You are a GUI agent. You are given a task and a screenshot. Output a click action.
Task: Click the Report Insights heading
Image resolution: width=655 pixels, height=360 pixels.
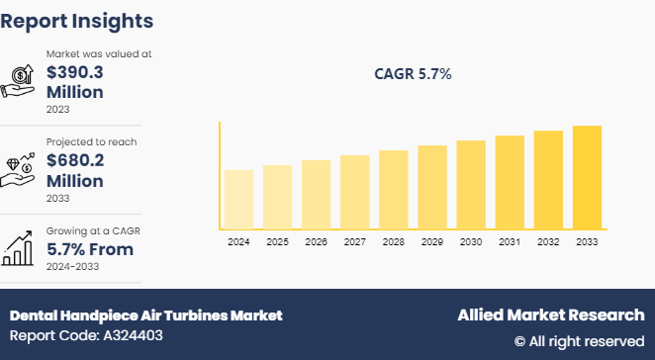click(77, 20)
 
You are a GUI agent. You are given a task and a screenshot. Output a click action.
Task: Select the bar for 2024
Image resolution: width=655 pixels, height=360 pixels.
click(238, 200)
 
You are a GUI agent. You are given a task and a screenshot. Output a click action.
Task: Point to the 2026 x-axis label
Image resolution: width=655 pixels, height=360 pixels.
click(316, 241)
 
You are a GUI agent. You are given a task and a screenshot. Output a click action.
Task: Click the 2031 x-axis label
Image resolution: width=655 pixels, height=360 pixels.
click(510, 241)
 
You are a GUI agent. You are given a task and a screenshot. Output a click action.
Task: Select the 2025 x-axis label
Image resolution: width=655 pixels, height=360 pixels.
click(277, 241)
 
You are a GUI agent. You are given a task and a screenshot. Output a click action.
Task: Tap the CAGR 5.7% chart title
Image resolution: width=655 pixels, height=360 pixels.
click(414, 74)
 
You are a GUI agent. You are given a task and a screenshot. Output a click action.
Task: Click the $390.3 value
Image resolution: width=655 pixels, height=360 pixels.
click(75, 72)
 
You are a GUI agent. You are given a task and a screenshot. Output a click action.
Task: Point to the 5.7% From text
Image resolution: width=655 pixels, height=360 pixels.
click(88, 249)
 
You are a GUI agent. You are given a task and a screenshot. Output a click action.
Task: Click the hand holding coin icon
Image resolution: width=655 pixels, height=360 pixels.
click(21, 81)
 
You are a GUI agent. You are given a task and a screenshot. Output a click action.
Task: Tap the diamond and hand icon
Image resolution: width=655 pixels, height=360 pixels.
click(21, 169)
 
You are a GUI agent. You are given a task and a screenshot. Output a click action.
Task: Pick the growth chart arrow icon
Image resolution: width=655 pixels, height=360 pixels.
click(21, 248)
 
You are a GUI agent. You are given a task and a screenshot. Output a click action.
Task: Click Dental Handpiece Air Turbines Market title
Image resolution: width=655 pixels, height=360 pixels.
click(145, 315)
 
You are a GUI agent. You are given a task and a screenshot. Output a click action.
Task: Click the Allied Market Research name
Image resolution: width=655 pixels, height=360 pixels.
click(550, 315)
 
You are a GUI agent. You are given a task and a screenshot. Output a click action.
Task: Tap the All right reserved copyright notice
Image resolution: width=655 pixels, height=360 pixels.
click(579, 341)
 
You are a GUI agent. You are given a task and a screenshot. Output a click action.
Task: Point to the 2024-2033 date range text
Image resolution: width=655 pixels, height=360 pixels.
click(74, 266)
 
